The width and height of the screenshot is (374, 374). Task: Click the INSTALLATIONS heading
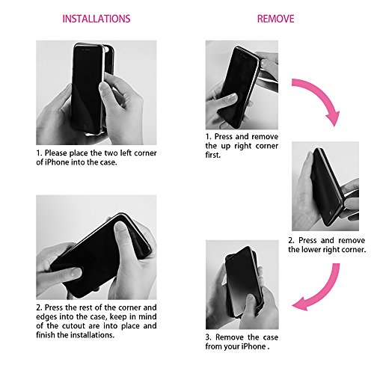pos(96,19)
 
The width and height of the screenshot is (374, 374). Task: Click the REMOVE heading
pos(275,19)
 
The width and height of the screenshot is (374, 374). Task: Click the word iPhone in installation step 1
pos(57,162)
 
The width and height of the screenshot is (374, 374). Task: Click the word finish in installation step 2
pos(46,335)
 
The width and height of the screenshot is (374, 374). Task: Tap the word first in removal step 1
pos(213,155)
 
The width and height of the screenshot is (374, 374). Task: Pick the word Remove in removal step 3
pos(230,337)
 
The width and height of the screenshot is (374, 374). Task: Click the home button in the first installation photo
pos(85,128)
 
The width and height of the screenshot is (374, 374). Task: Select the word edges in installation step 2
pos(46,316)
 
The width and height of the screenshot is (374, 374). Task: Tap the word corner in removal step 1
pos(267,146)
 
